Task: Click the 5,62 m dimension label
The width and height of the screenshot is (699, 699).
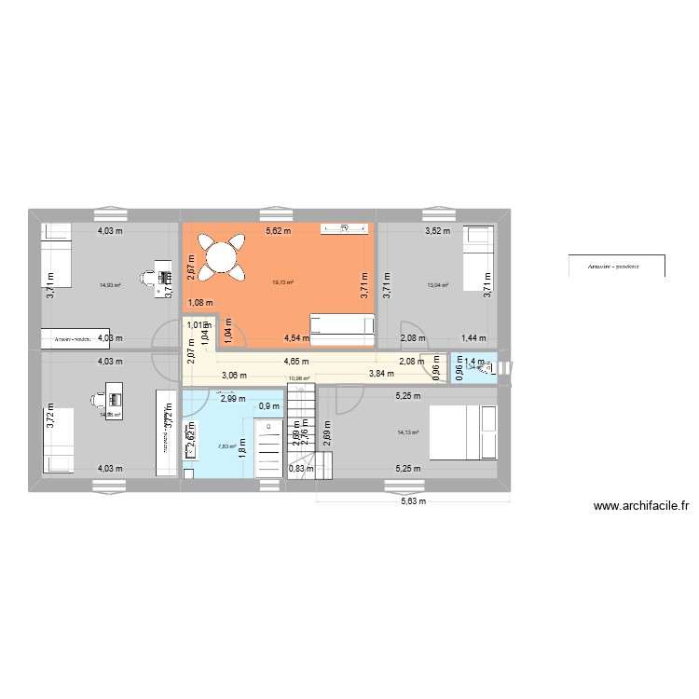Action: point(278,231)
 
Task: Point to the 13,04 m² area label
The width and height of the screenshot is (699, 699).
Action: point(437,285)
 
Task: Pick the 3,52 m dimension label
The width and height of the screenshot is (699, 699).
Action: point(437,231)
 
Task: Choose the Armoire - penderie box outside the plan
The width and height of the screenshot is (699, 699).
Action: point(617,266)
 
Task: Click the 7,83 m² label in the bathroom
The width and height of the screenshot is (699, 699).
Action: point(227,446)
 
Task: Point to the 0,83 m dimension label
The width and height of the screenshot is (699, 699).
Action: point(301,469)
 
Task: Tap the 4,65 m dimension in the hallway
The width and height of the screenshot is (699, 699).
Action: point(297,360)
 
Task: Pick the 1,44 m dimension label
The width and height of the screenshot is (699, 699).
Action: point(474,338)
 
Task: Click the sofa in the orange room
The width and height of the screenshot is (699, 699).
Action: point(342,323)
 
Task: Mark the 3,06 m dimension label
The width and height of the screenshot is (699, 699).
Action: point(233,376)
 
